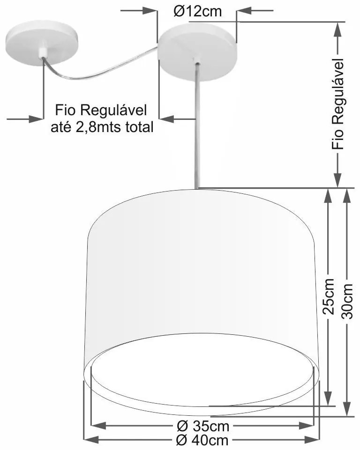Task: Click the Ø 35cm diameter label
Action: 203,426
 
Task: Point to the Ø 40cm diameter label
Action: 203,441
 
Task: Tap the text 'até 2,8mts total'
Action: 102,127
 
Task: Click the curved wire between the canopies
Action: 103,68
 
